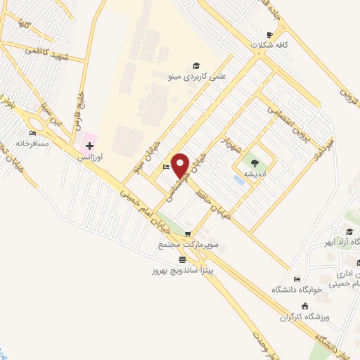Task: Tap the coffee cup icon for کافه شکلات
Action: tap(269, 34)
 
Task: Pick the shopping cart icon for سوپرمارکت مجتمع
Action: tap(187, 234)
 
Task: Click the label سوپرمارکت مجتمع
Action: tap(181, 245)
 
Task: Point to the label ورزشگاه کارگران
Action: tap(305, 317)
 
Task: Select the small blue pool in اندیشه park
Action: tap(238, 181)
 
